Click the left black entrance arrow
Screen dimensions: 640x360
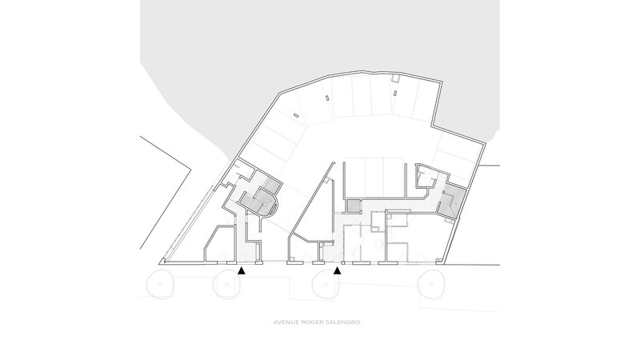[x=242, y=270]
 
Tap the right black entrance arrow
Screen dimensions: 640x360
[x=337, y=270]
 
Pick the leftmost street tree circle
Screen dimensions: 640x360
[x=160, y=284]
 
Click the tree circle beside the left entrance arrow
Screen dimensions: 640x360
[x=227, y=284]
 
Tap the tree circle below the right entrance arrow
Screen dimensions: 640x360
[x=326, y=284]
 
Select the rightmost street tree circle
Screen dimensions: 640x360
[x=431, y=284]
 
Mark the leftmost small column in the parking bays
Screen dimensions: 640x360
[x=296, y=115]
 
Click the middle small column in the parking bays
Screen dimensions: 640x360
[x=327, y=97]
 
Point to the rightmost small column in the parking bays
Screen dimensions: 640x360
[x=394, y=93]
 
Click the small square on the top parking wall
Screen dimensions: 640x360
[x=394, y=78]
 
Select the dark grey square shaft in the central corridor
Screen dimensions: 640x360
[x=354, y=206]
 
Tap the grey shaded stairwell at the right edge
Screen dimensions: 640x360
[x=452, y=202]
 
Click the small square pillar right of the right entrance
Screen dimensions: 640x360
[x=343, y=263]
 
